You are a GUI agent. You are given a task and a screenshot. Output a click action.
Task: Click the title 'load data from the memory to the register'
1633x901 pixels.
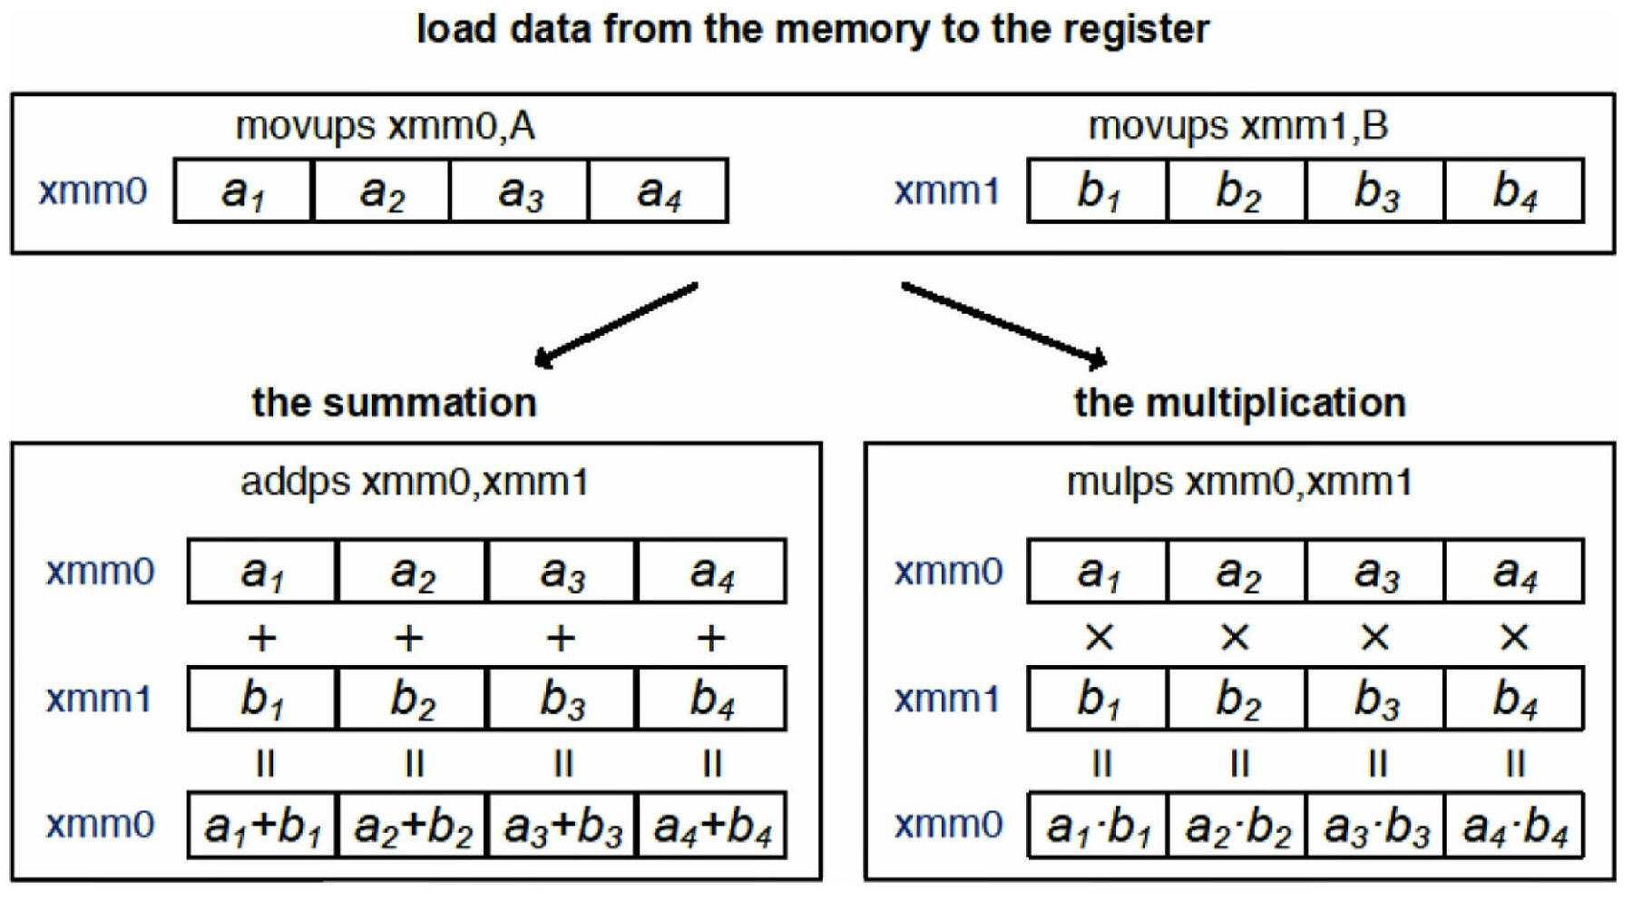812,29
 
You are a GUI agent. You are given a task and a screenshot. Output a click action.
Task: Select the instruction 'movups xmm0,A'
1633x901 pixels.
386,126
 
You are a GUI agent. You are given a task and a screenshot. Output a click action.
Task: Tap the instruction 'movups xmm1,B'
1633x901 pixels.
1237,126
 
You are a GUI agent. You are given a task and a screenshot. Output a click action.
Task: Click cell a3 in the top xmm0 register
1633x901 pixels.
519,191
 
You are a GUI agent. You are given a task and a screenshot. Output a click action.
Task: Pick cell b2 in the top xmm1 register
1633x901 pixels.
1237,191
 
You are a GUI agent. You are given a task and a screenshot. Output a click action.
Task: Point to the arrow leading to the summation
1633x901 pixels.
616,325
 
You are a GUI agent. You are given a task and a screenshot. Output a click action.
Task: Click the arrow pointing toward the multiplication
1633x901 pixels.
1004,325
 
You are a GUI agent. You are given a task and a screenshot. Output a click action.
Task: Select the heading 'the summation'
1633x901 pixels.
395,402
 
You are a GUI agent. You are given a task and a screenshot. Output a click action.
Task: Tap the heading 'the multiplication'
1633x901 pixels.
1240,402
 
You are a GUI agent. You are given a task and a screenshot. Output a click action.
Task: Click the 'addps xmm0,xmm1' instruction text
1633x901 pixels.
415,482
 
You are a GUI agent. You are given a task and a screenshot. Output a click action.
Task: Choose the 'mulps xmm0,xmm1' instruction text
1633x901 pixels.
1239,482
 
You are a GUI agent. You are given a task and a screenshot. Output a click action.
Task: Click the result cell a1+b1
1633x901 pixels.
262,826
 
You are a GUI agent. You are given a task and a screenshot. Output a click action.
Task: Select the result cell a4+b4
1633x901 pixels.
712,826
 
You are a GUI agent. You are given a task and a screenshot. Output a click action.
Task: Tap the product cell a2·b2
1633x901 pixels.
1237,826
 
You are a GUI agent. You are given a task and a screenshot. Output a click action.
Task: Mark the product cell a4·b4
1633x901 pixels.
1514,826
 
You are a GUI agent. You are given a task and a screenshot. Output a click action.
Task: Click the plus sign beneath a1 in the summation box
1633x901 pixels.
262,638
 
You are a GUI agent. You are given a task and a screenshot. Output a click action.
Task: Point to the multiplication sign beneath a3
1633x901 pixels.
1375,638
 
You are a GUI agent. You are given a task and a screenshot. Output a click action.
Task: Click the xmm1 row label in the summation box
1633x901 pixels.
99,699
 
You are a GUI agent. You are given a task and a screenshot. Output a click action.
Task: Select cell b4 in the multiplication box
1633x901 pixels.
1514,699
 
